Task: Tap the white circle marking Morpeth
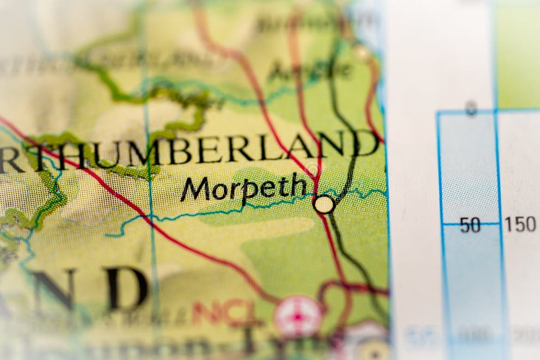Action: tap(324, 204)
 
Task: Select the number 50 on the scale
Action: tap(470, 225)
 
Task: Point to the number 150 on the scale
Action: tap(520, 224)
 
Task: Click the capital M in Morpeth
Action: tap(194, 190)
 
